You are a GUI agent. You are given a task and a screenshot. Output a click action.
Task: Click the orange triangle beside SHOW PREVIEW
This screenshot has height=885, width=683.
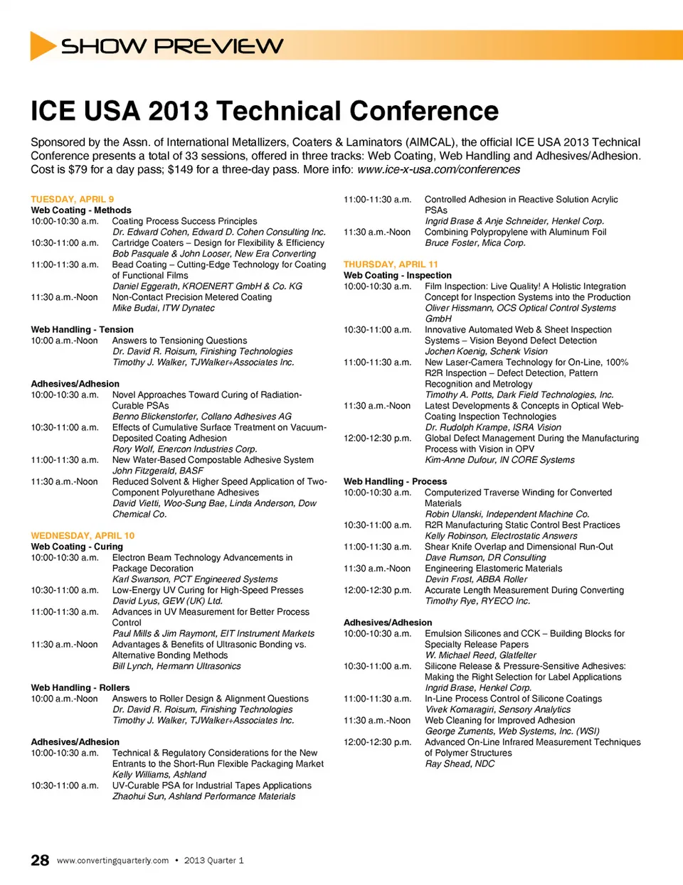[42, 46]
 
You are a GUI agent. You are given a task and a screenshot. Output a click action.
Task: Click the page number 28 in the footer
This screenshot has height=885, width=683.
[40, 860]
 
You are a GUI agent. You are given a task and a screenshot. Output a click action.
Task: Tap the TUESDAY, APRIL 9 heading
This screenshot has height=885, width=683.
[72, 199]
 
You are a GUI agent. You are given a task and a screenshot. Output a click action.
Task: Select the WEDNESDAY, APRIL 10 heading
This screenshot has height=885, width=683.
[83, 535]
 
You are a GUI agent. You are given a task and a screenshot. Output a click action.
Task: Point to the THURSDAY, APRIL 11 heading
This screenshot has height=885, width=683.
[391, 264]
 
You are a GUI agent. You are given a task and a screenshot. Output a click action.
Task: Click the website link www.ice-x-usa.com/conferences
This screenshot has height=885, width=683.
[438, 169]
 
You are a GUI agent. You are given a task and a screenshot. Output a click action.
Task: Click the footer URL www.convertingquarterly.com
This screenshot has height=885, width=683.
[112, 860]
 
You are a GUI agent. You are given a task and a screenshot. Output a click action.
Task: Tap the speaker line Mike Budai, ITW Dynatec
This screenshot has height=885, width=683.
[163, 308]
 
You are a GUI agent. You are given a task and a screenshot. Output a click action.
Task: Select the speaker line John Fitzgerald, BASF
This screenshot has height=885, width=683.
[158, 471]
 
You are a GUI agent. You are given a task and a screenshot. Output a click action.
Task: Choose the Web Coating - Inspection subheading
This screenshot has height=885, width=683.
[397, 275]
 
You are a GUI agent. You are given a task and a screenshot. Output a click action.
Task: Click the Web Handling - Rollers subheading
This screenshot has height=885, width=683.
[80, 687]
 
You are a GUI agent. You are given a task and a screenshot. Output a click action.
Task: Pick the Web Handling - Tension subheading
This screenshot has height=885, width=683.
[82, 329]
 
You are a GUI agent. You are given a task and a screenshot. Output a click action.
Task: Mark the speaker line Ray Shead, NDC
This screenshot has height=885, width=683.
[460, 763]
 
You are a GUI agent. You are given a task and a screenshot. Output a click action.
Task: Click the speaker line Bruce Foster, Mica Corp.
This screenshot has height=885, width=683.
[475, 242]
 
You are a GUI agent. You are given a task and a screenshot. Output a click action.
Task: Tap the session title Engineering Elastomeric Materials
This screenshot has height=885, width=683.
[493, 568]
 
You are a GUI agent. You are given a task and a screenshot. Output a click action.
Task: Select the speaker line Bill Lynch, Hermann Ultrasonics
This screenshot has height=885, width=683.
[176, 666]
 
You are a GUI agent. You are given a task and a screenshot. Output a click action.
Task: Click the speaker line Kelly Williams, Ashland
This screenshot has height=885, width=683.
[159, 774]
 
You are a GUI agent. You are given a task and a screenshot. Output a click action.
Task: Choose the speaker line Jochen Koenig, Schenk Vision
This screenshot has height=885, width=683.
[486, 351]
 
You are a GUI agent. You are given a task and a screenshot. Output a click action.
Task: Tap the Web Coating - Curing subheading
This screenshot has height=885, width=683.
[77, 547]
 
